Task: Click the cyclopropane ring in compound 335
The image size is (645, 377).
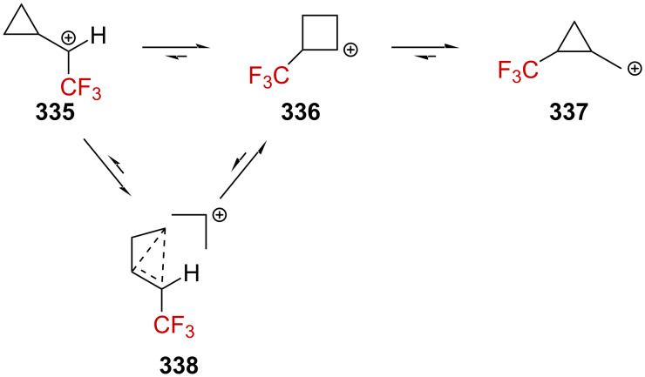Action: pyautogui.click(x=21, y=26)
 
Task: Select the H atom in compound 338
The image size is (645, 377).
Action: pyautogui.click(x=192, y=278)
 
